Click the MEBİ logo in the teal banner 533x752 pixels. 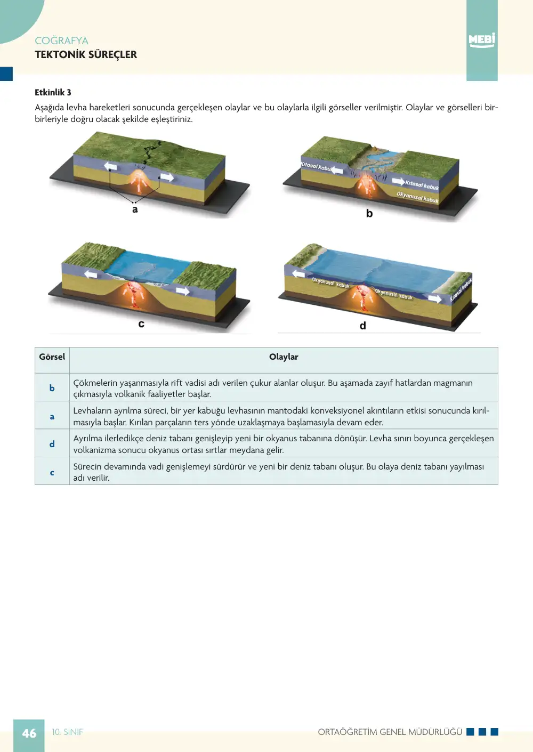point(482,40)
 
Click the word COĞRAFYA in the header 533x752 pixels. point(61,41)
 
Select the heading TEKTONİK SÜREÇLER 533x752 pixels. point(86,54)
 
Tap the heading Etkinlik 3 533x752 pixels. point(53,92)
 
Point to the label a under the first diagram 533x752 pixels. point(135,209)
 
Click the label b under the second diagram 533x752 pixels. point(369,213)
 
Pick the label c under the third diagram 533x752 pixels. point(141,324)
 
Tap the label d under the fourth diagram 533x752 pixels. point(363,325)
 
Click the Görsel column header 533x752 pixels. point(52,357)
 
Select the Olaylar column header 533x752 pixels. point(284,357)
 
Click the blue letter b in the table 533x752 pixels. point(52,388)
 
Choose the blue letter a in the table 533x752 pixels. point(52,417)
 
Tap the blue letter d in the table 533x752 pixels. point(52,444)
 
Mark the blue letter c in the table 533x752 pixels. point(52,473)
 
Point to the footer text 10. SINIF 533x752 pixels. point(68,732)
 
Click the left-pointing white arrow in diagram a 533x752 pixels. point(110,166)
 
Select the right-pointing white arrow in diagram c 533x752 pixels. point(183,291)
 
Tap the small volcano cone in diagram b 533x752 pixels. point(374,147)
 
